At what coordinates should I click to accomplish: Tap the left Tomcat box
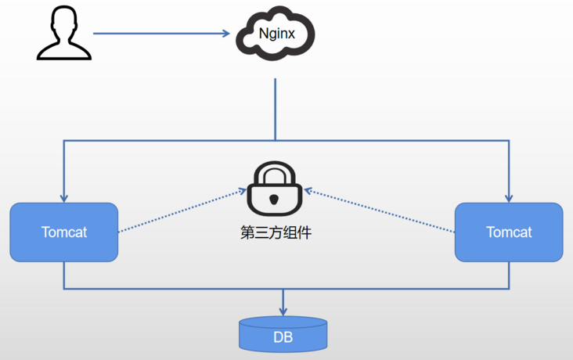tap(63, 232)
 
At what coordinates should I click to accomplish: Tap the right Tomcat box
tap(509, 232)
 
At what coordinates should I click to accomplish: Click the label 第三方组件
tap(276, 232)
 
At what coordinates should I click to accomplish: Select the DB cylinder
tap(283, 334)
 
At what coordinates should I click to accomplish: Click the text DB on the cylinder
tap(283, 337)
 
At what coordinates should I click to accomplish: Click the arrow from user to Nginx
tap(164, 34)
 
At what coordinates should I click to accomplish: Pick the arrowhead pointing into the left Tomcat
tap(63, 197)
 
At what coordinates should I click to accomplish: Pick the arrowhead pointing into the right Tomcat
tap(510, 197)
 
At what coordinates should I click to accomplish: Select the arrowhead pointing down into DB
tap(283, 311)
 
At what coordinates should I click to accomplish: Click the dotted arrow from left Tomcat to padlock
tap(180, 211)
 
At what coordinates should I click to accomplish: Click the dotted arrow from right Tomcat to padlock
tap(380, 211)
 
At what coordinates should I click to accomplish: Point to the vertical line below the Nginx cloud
tap(276, 110)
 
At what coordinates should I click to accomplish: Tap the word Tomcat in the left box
tap(63, 232)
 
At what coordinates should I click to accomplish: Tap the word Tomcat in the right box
tap(509, 232)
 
